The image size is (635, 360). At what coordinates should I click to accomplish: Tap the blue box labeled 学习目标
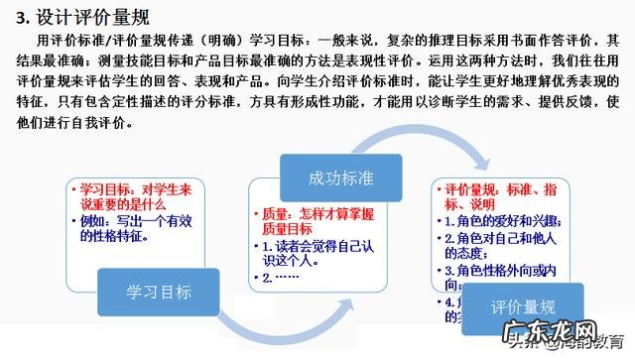pyautogui.click(x=159, y=293)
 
